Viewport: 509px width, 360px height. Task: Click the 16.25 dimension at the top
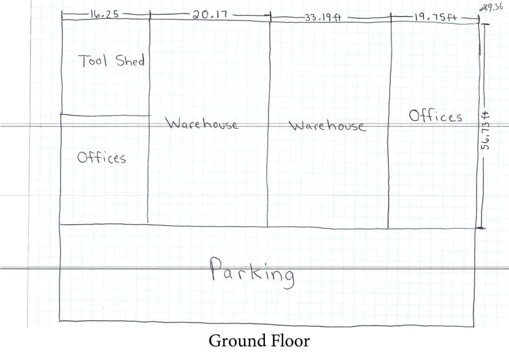point(104,14)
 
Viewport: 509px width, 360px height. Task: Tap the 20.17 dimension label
point(210,15)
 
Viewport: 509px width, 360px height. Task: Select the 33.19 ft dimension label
point(323,18)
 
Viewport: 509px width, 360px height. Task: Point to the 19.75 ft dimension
point(435,17)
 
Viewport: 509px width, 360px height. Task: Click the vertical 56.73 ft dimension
point(486,130)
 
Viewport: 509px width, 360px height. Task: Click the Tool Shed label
point(111,61)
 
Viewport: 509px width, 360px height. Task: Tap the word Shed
point(130,61)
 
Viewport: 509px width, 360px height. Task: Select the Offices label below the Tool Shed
point(102,157)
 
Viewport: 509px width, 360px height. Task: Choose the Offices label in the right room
point(436,116)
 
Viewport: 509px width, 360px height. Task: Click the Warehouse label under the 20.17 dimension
point(202,124)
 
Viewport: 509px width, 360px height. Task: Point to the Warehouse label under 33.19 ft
point(327,126)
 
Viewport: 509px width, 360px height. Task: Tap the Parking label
point(252,273)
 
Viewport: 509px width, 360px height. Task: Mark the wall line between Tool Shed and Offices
point(105,115)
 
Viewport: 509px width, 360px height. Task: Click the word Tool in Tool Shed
point(92,61)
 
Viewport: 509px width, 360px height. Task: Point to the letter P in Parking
point(216,268)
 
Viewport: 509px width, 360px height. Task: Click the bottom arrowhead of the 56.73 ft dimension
point(481,228)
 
